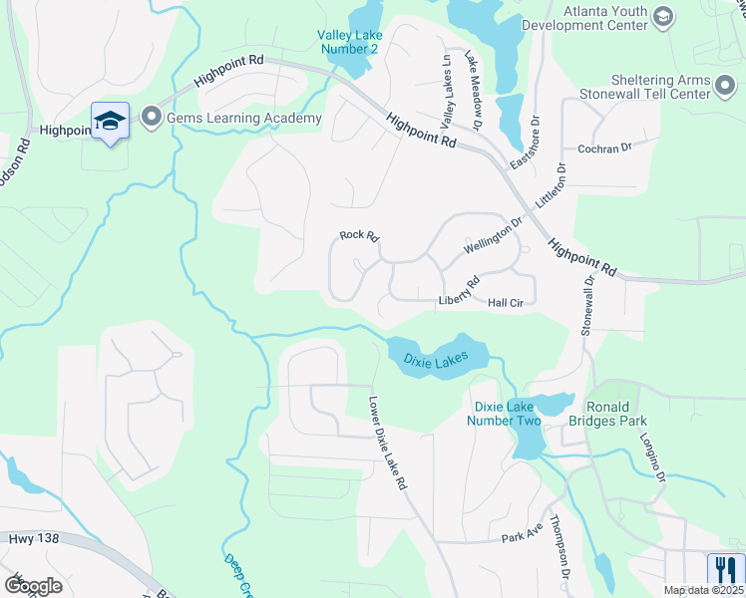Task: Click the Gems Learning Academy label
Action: (244, 119)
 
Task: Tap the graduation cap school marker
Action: (110, 122)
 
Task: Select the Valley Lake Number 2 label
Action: (348, 42)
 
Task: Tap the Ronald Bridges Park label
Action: (622, 414)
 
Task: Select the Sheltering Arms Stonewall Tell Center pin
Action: (726, 94)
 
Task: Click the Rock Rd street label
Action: (360, 236)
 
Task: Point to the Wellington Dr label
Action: (493, 237)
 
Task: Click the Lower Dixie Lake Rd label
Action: (388, 446)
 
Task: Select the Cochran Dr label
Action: (605, 149)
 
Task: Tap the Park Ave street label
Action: (522, 537)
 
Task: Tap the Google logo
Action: (33, 585)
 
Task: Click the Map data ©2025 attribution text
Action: (703, 590)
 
